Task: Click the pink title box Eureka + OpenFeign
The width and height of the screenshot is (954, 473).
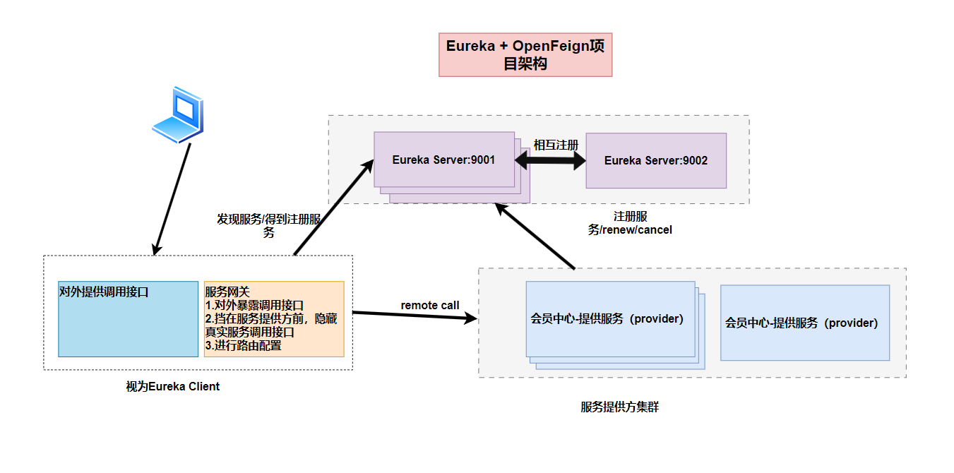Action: point(525,54)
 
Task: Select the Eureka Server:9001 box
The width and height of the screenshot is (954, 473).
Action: point(443,160)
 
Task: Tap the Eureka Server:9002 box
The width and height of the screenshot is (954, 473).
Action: point(655,160)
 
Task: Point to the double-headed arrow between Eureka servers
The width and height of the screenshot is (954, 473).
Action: point(550,162)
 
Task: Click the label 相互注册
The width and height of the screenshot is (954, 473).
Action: point(556,145)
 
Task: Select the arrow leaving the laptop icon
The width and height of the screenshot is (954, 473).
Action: point(172,198)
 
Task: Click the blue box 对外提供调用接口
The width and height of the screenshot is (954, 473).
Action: point(128,319)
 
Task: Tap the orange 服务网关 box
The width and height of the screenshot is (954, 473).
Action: point(274,319)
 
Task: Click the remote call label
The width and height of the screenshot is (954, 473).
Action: point(430,306)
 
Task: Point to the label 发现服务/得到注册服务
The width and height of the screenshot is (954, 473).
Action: point(268,225)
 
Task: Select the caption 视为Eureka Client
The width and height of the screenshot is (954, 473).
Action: point(173,386)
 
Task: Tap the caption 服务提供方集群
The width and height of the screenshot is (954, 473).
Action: point(619,407)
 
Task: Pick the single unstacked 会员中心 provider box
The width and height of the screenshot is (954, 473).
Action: point(804,323)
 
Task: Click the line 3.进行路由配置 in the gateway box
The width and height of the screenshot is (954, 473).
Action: point(244,346)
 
